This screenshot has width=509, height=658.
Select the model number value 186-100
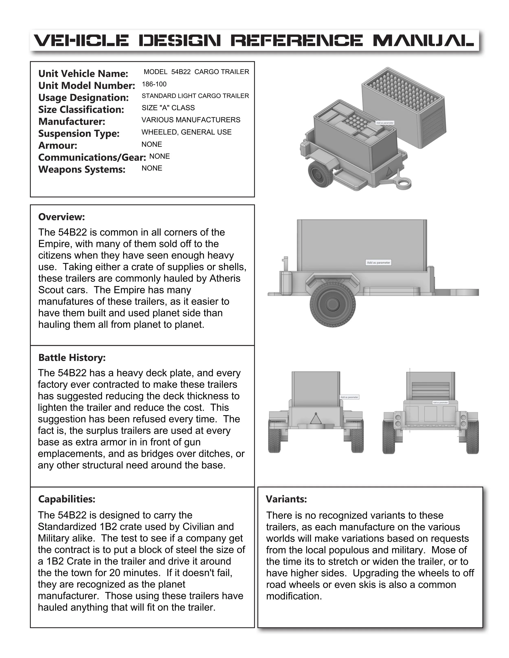(154, 84)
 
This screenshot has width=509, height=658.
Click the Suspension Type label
(79, 133)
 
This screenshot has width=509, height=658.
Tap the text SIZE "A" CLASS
(168, 108)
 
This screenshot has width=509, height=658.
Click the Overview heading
(61, 217)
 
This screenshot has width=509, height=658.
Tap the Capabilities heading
(66, 499)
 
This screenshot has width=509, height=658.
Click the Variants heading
(286, 499)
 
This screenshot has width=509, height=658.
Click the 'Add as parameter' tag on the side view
(378, 262)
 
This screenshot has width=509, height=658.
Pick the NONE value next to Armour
(152, 144)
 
